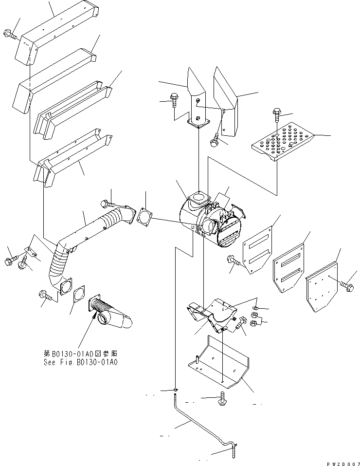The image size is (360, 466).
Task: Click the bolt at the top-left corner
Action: pos(10,34)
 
